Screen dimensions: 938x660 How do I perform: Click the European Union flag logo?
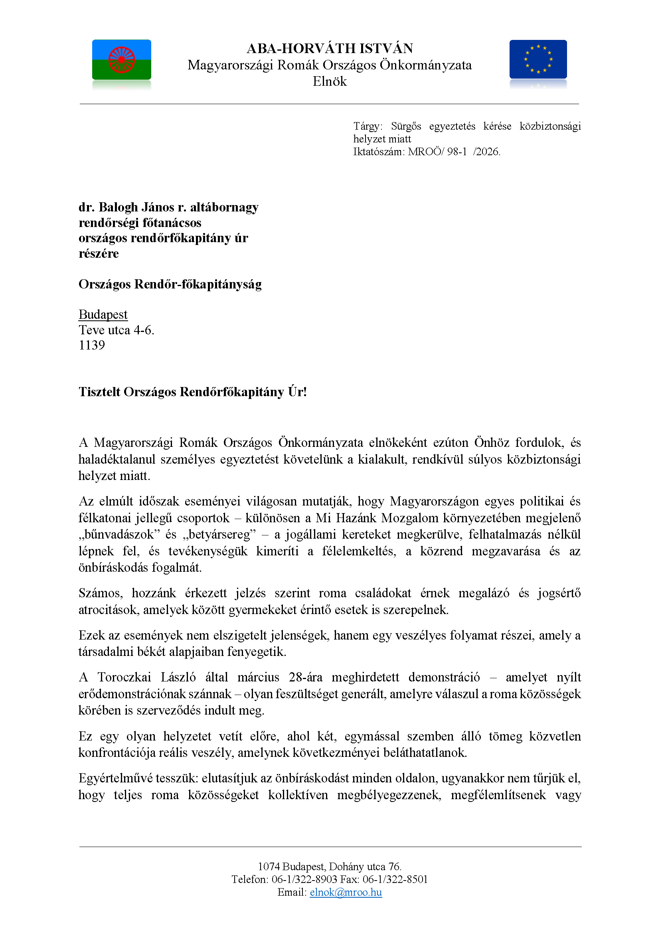pyautogui.click(x=538, y=59)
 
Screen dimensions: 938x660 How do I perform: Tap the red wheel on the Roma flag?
pyautogui.click(x=121, y=59)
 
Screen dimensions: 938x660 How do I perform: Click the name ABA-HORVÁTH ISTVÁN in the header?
pyautogui.click(x=329, y=49)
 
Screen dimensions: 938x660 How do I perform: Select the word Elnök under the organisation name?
pyautogui.click(x=329, y=81)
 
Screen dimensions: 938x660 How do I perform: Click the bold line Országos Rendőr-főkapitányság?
pyautogui.click(x=170, y=284)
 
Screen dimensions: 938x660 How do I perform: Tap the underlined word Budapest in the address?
pyautogui.click(x=103, y=314)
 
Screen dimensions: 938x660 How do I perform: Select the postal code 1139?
pyautogui.click(x=91, y=345)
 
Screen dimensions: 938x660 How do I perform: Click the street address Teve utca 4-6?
pyautogui.click(x=117, y=330)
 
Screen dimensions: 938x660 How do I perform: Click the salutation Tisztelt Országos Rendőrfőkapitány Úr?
pyautogui.click(x=192, y=392)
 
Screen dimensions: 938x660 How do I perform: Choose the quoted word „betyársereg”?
pyautogui.click(x=222, y=534)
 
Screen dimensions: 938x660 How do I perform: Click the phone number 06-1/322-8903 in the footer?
pyautogui.click(x=304, y=879)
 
